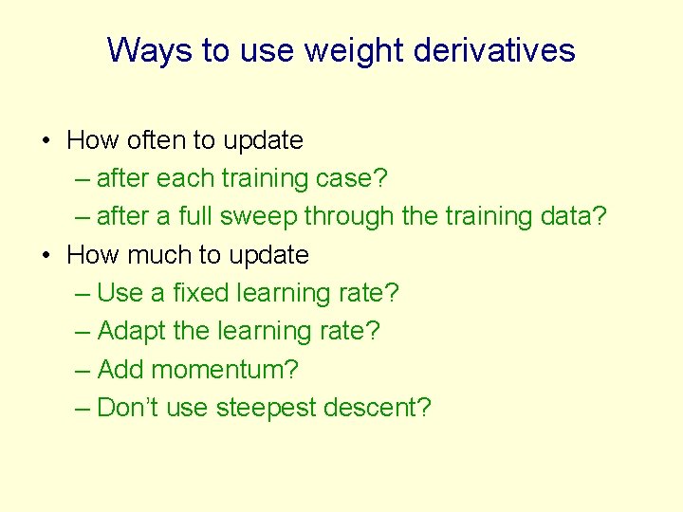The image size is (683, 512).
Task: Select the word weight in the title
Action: coord(349,49)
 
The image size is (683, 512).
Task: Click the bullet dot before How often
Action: coord(46,141)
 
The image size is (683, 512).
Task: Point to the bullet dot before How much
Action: coord(46,256)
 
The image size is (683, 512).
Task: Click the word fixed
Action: coord(197,293)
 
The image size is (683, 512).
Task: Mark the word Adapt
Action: coord(131,331)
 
